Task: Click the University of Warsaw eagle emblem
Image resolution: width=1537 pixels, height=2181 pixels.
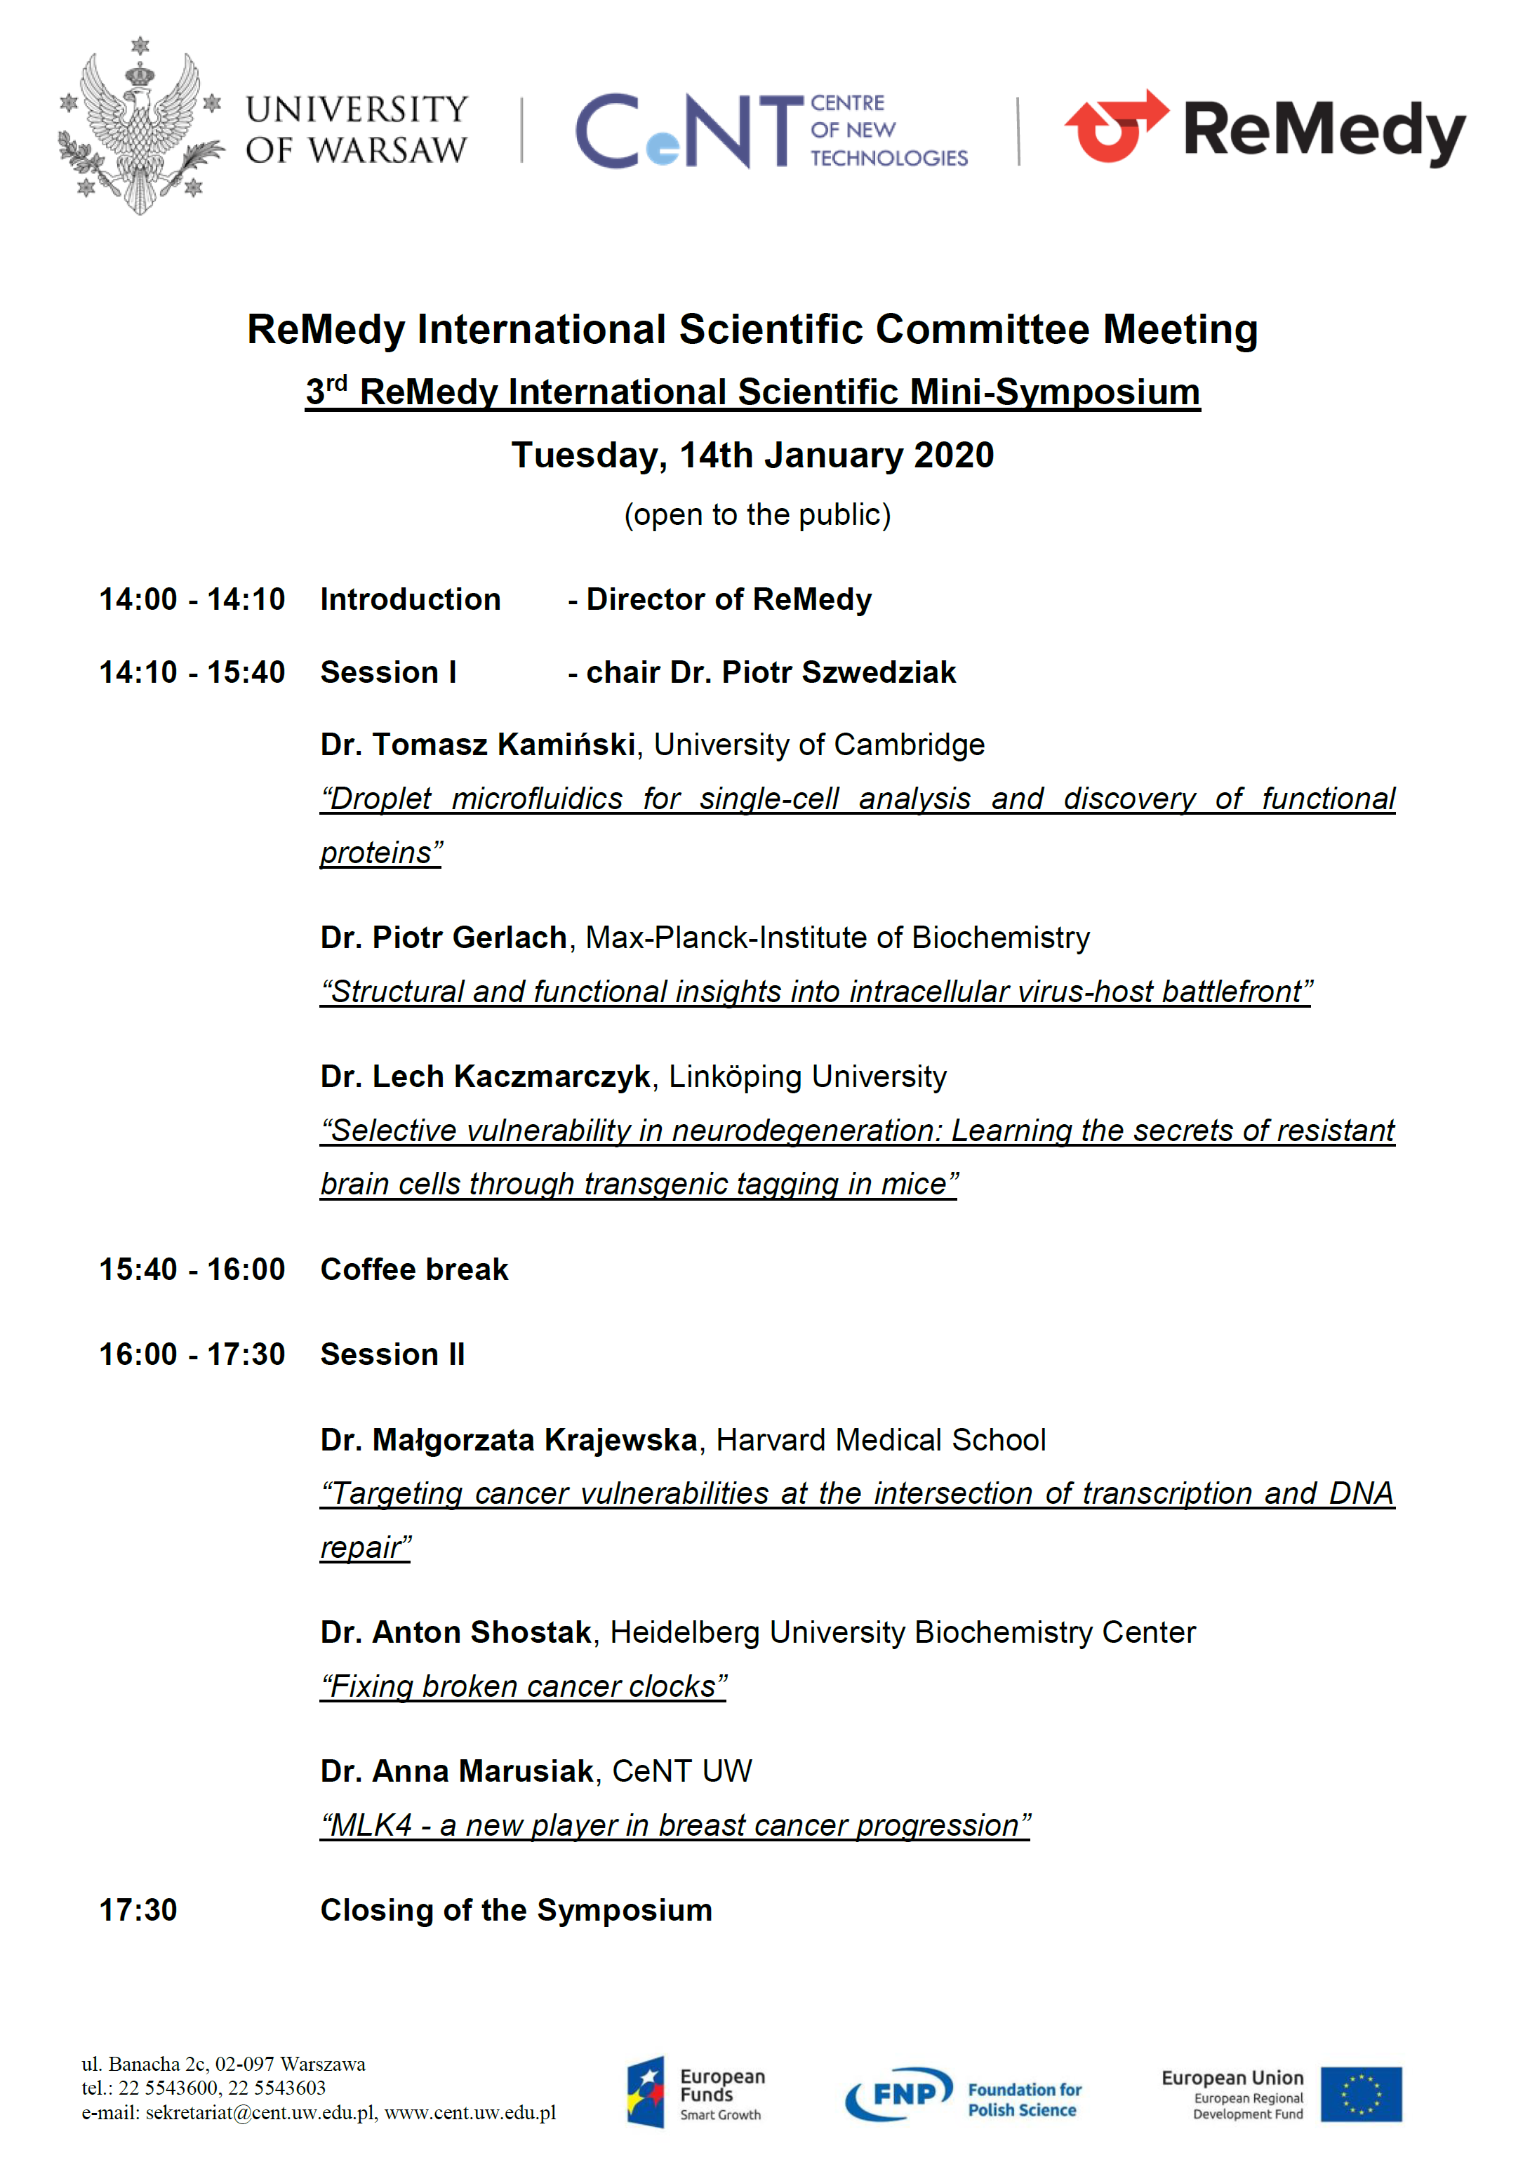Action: click(x=140, y=127)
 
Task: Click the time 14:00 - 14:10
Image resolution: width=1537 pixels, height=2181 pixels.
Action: click(x=192, y=599)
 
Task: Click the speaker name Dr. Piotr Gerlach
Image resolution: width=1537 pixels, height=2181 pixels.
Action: click(x=444, y=938)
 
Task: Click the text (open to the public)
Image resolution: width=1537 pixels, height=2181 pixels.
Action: click(x=757, y=515)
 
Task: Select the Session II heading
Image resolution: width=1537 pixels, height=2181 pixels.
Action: click(x=392, y=1354)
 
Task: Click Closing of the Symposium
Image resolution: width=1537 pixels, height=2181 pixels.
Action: click(x=516, y=1909)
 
